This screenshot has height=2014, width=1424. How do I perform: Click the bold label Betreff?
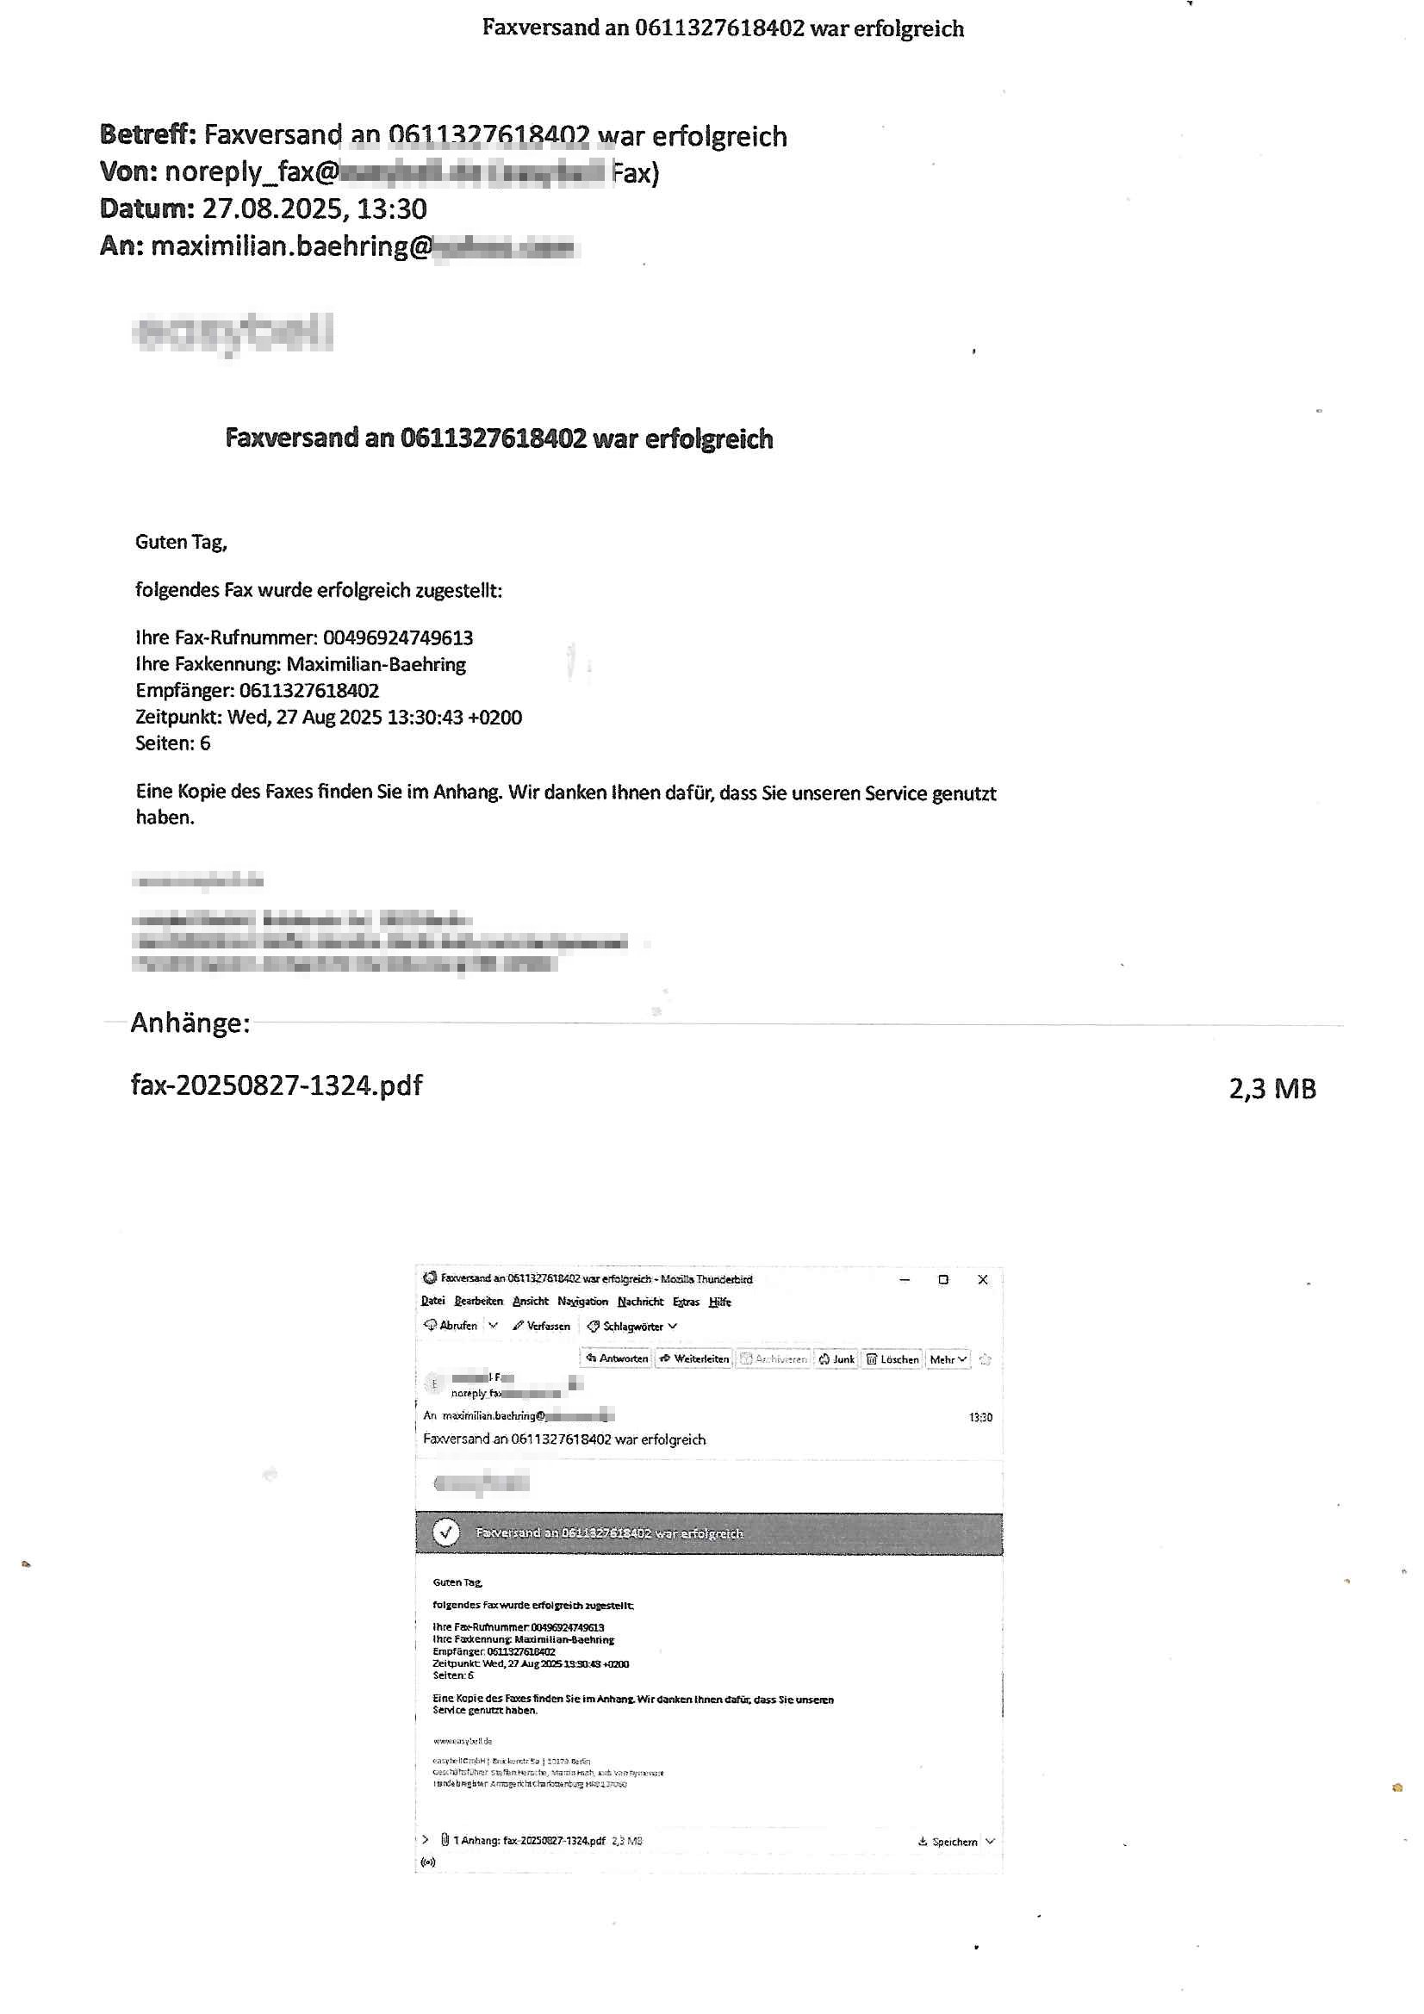147,134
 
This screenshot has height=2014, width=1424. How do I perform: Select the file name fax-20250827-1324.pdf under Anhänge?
277,1085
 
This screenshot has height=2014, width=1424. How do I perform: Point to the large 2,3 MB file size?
1272,1089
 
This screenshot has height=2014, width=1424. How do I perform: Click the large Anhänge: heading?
190,1023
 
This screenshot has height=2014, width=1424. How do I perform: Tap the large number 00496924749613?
397,637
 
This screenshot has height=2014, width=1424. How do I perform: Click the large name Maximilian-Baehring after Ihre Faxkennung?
376,664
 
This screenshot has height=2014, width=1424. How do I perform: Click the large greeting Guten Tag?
181,542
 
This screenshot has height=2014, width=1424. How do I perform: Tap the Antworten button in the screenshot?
618,1358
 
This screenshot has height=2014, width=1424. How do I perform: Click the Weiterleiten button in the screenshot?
695,1358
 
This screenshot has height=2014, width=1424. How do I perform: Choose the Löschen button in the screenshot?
892,1359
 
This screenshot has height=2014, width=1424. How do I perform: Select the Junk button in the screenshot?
837,1359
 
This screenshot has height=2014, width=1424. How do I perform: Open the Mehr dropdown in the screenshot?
948,1359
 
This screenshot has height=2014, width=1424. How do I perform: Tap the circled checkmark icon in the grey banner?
446,1532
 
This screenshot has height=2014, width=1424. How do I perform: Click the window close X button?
983,1280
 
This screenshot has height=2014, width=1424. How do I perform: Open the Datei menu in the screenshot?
432,1301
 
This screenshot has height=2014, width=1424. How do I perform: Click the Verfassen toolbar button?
542,1327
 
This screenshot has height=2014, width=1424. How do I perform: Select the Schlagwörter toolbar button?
631,1327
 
